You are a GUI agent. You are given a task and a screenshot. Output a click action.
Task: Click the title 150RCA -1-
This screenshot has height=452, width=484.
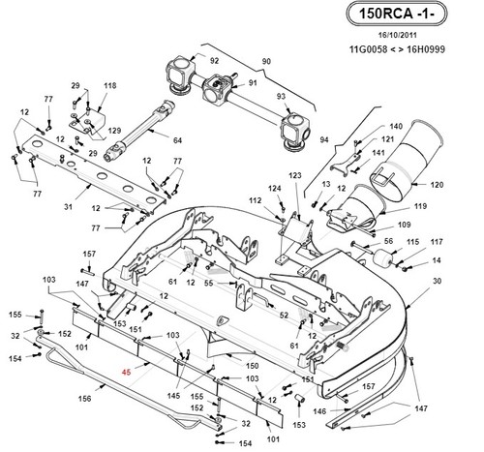pyautogui.click(x=397, y=14)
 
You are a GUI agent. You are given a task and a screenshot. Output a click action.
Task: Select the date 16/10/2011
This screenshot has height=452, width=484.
pyautogui.click(x=397, y=35)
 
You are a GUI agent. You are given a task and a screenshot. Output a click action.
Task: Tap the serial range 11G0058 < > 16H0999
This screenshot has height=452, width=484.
pyautogui.click(x=397, y=49)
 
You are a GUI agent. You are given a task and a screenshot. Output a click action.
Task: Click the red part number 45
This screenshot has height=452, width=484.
pyautogui.click(x=127, y=372)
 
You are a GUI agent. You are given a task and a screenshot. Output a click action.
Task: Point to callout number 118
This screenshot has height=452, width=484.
pyautogui.click(x=110, y=86)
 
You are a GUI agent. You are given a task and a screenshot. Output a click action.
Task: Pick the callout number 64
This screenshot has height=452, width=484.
pyautogui.click(x=177, y=140)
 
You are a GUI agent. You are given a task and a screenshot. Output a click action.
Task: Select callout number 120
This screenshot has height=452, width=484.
pyautogui.click(x=437, y=185)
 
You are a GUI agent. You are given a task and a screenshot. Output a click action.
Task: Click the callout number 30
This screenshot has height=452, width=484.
pyautogui.click(x=437, y=281)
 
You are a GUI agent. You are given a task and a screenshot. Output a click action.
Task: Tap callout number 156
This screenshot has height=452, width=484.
pyautogui.click(x=85, y=399)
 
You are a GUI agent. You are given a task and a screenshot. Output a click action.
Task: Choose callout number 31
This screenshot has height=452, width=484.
pyautogui.click(x=68, y=206)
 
